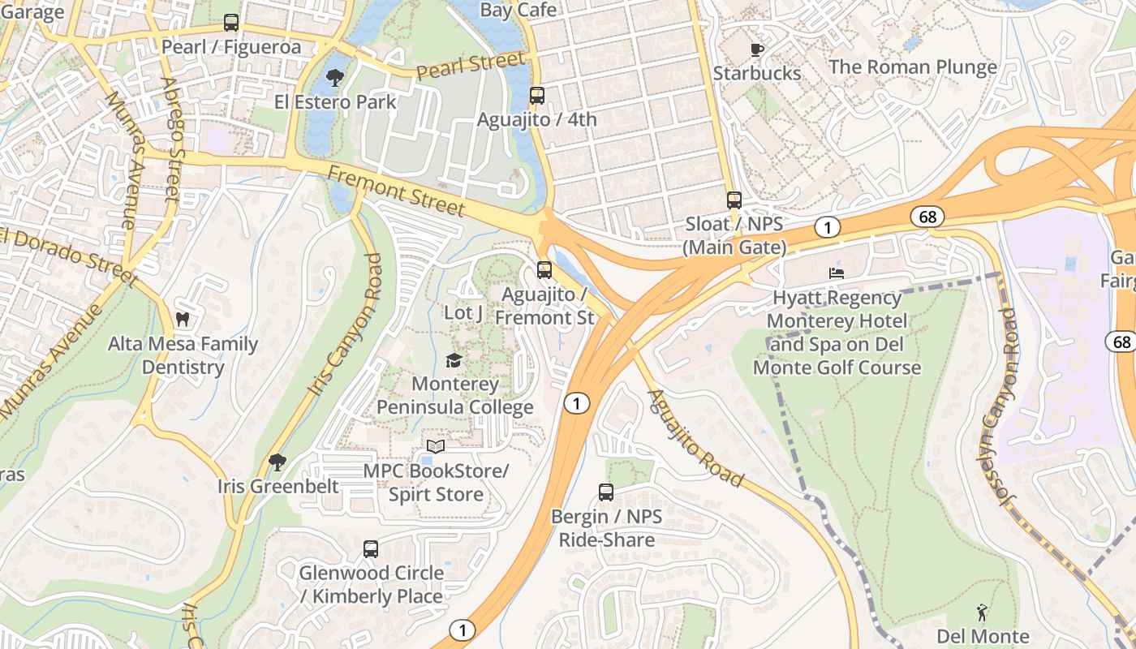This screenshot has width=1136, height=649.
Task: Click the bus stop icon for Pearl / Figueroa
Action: pos(231,23)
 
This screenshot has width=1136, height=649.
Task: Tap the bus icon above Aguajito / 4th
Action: pos(536,95)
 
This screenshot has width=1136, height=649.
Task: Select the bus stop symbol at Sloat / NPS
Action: pos(734,200)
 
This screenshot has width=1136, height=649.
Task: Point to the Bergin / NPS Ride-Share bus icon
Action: pos(606,492)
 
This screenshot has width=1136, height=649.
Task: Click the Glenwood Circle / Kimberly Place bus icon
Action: pos(371,548)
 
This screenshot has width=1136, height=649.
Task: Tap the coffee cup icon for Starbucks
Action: pos(756,49)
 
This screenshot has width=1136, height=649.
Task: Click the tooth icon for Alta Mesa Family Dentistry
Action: pos(183,320)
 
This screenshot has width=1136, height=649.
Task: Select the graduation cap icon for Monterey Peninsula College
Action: pos(454,359)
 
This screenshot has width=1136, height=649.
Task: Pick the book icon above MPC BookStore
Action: pos(436,446)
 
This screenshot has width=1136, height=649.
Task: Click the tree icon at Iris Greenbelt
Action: pos(278,462)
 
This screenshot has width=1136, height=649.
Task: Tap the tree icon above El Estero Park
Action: pos(334,78)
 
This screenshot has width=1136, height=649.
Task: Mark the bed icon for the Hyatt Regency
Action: pos(836,273)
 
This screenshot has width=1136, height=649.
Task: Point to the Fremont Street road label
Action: pos(397,191)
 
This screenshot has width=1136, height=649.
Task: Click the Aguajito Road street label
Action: pos(695,439)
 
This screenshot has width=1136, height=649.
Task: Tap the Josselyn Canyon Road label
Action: pos(996,406)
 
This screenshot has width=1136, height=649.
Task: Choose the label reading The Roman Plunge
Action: pos(912,67)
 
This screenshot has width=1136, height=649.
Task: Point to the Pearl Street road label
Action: pos(471,67)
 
